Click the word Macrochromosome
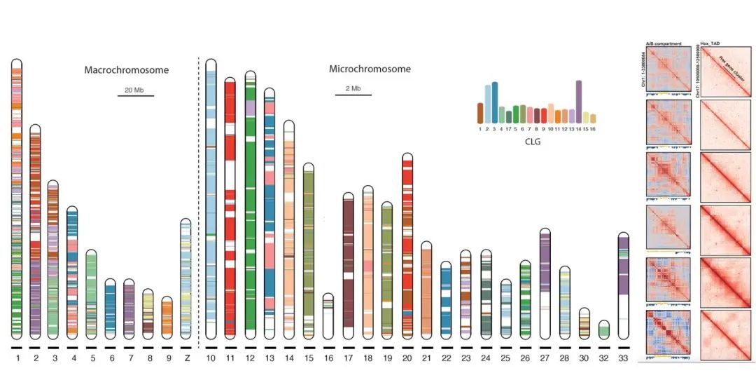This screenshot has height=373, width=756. [127, 70]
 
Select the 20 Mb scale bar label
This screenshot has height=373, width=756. [135, 90]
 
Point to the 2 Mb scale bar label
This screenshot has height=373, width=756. [353, 89]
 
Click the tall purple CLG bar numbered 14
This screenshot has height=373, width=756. [579, 102]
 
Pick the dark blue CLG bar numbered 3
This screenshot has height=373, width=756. [495, 102]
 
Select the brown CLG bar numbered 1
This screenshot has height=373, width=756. [480, 113]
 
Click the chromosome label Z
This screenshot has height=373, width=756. [185, 358]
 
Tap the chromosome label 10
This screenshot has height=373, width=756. [211, 358]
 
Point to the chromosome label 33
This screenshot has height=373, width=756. [624, 358]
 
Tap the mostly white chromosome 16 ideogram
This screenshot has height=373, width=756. [328, 315]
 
